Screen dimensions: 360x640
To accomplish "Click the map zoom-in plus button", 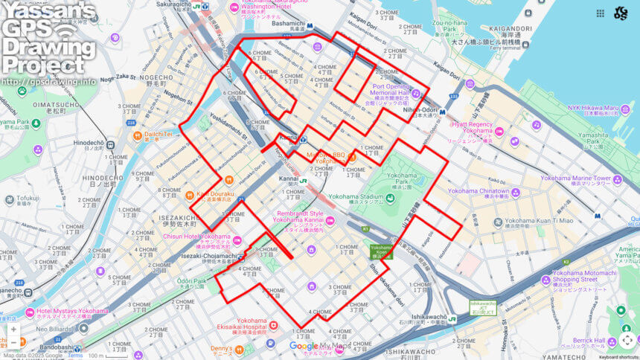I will click(x=13, y=329).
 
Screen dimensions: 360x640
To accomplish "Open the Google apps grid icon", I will click(x=600, y=13).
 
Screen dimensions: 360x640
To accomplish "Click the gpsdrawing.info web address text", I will click(x=49, y=82).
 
